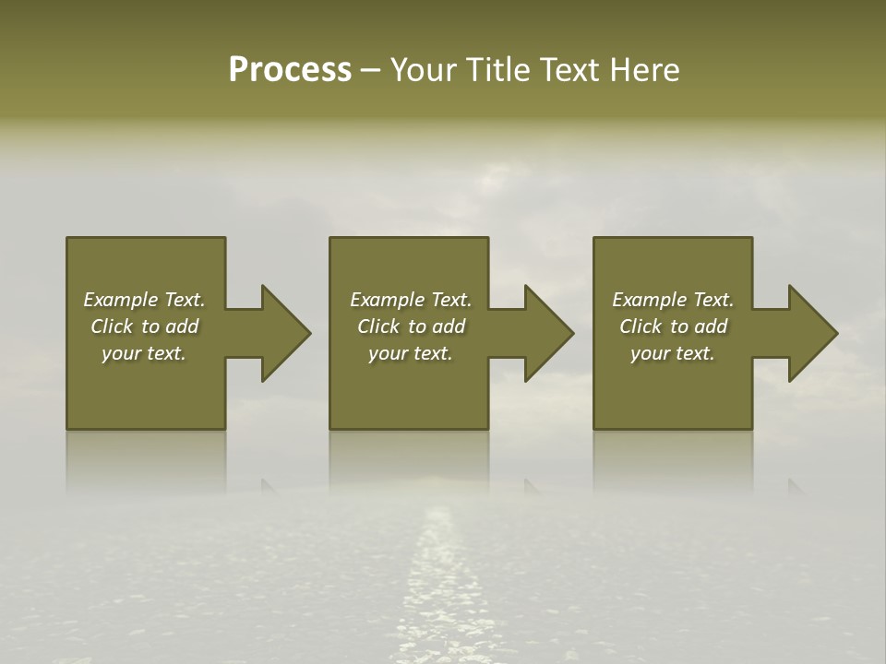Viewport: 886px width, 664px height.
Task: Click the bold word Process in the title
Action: click(x=290, y=70)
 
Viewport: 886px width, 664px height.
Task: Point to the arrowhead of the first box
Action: click(x=285, y=333)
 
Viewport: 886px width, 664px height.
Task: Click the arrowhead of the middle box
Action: click(x=549, y=333)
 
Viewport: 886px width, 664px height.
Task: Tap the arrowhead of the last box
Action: click(x=813, y=333)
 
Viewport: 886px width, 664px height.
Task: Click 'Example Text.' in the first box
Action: click(x=144, y=300)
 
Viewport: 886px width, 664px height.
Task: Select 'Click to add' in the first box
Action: click(x=145, y=326)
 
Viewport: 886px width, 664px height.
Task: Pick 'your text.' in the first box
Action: click(x=144, y=353)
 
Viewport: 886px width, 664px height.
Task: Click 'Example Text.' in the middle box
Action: click(x=411, y=300)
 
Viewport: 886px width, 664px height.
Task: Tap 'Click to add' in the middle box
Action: click(x=412, y=326)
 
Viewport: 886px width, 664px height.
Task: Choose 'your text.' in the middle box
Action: click(x=411, y=353)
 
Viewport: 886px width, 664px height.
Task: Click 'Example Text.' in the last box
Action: click(x=673, y=300)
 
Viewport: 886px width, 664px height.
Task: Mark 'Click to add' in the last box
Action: click(x=674, y=326)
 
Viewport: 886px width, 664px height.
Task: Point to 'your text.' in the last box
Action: click(x=673, y=353)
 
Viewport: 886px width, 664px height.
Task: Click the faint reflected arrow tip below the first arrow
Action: click(x=269, y=485)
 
